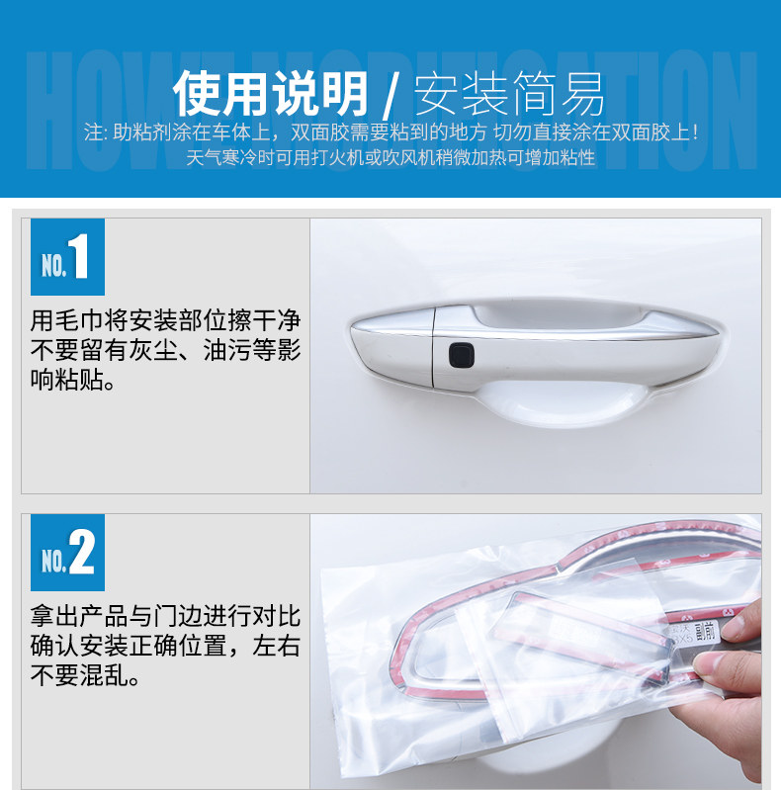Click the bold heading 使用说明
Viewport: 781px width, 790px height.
(272, 96)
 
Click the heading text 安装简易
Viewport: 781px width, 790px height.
(509, 96)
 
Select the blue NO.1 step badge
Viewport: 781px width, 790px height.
(67, 257)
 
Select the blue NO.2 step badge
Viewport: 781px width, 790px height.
(67, 554)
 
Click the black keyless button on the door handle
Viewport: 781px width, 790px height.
(461, 353)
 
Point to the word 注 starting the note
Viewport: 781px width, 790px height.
(94, 132)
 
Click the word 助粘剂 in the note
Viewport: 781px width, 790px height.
(140, 132)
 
